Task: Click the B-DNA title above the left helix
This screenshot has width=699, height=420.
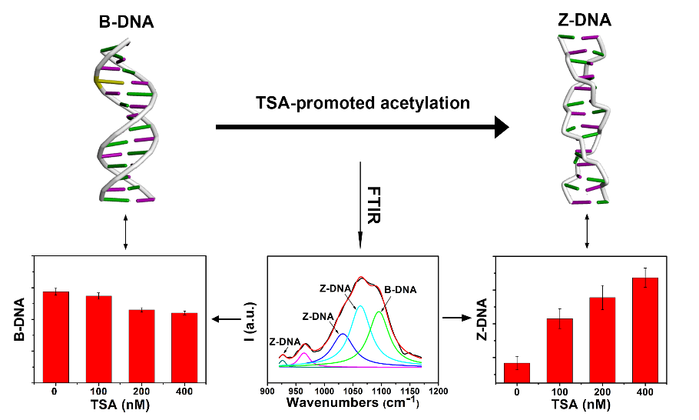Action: coord(125,22)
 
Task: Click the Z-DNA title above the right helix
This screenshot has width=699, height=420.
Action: coord(585,20)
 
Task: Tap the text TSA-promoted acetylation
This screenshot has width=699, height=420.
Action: coord(363,102)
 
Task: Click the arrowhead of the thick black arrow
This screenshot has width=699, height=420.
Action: coord(501,126)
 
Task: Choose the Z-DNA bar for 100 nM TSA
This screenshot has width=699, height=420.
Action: coord(560,350)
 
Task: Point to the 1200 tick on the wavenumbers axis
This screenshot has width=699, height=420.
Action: coord(439,391)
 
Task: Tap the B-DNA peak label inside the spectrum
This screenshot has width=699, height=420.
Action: coord(400,290)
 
